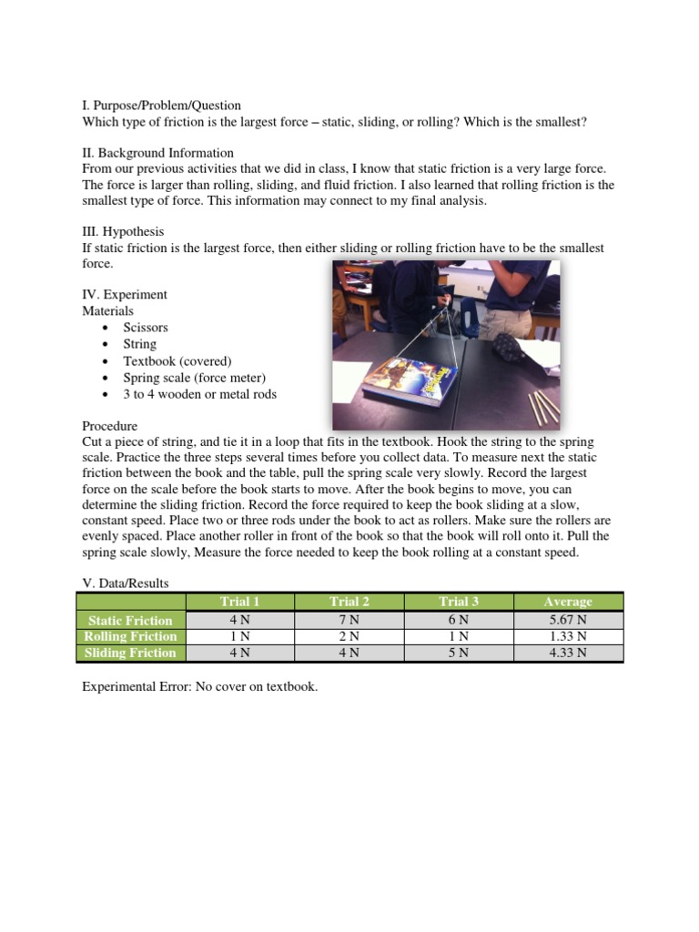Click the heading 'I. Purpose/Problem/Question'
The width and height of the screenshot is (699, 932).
click(x=161, y=106)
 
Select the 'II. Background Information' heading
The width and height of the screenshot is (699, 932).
click(x=157, y=153)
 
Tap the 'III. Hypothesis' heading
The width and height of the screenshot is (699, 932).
click(x=123, y=232)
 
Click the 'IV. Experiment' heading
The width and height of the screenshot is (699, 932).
click(x=125, y=295)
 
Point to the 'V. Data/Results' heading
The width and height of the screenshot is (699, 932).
click(x=126, y=582)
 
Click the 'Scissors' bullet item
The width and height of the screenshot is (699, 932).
click(x=146, y=328)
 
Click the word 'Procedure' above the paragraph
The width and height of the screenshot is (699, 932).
click(x=110, y=426)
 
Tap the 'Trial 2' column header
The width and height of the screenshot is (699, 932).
click(x=349, y=602)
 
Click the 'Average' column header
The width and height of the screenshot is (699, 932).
click(x=568, y=602)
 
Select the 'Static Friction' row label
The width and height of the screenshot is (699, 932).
click(x=130, y=620)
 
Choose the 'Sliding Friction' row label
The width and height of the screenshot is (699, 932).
click(x=130, y=653)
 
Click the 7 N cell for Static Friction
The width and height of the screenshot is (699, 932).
click(x=349, y=620)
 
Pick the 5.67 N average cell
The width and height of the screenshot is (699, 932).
click(x=568, y=620)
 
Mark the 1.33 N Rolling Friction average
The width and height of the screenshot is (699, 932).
click(x=568, y=636)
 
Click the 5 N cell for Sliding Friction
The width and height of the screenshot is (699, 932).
click(x=459, y=653)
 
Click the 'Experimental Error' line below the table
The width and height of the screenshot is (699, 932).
click(x=200, y=686)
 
